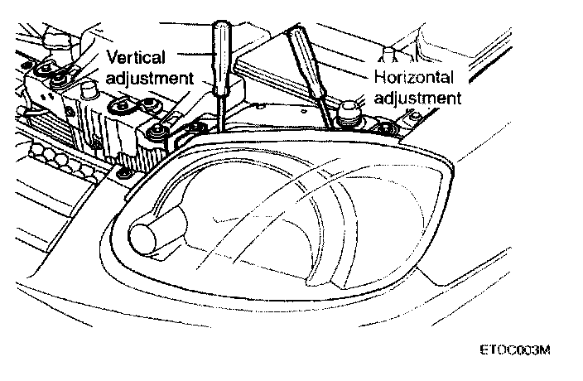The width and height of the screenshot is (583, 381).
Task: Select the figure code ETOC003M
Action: pos(513,350)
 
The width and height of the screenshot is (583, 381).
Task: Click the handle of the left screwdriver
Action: pos(222,58)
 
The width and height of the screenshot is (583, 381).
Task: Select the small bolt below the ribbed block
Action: pos(123,171)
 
